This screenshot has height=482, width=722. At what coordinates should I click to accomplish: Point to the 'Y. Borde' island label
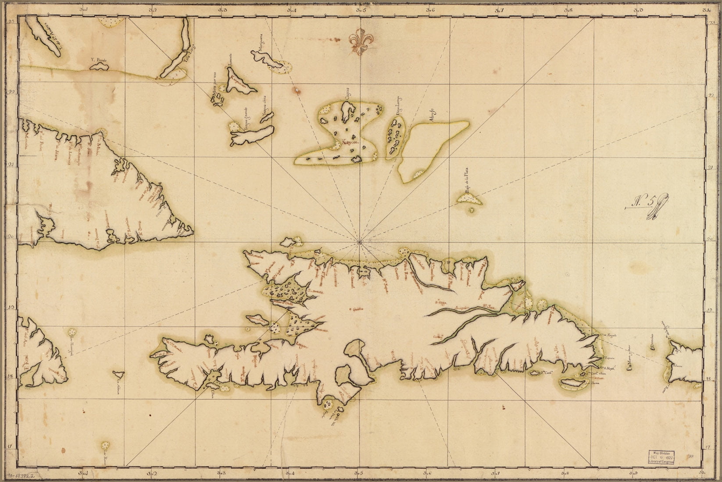coord(99,60)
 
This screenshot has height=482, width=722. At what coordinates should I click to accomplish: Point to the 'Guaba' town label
coord(357,309)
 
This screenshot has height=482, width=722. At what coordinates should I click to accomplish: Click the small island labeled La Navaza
coord(118,374)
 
